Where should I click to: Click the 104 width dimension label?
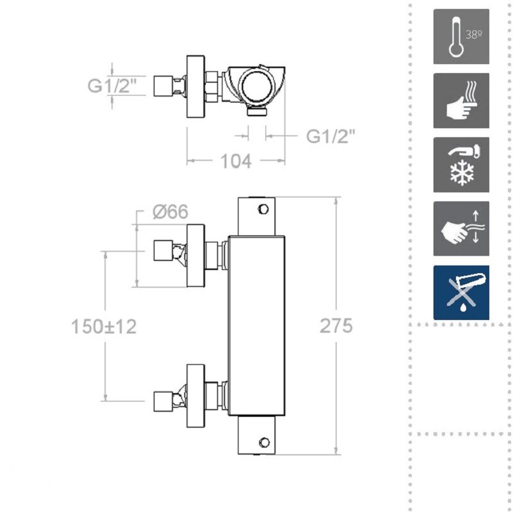(236, 161)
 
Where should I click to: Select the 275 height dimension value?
(336, 326)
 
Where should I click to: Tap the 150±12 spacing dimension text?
(104, 326)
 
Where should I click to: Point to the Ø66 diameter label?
(171, 212)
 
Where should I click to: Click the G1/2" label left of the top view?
(112, 85)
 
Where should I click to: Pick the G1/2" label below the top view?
(330, 136)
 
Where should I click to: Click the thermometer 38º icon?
(461, 37)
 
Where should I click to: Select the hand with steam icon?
(461, 101)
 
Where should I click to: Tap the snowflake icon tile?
(461, 165)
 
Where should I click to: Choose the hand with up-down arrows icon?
(461, 229)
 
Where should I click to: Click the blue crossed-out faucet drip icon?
(461, 292)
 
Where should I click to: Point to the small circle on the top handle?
(264, 209)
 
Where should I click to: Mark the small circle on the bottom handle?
(264, 442)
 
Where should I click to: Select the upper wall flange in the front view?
(196, 255)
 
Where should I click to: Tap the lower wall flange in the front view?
(196, 396)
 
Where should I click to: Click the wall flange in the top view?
(196, 87)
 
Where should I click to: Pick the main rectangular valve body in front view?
(256, 326)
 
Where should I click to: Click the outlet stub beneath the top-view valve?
(257, 111)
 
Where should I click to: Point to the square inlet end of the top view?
(163, 87)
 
